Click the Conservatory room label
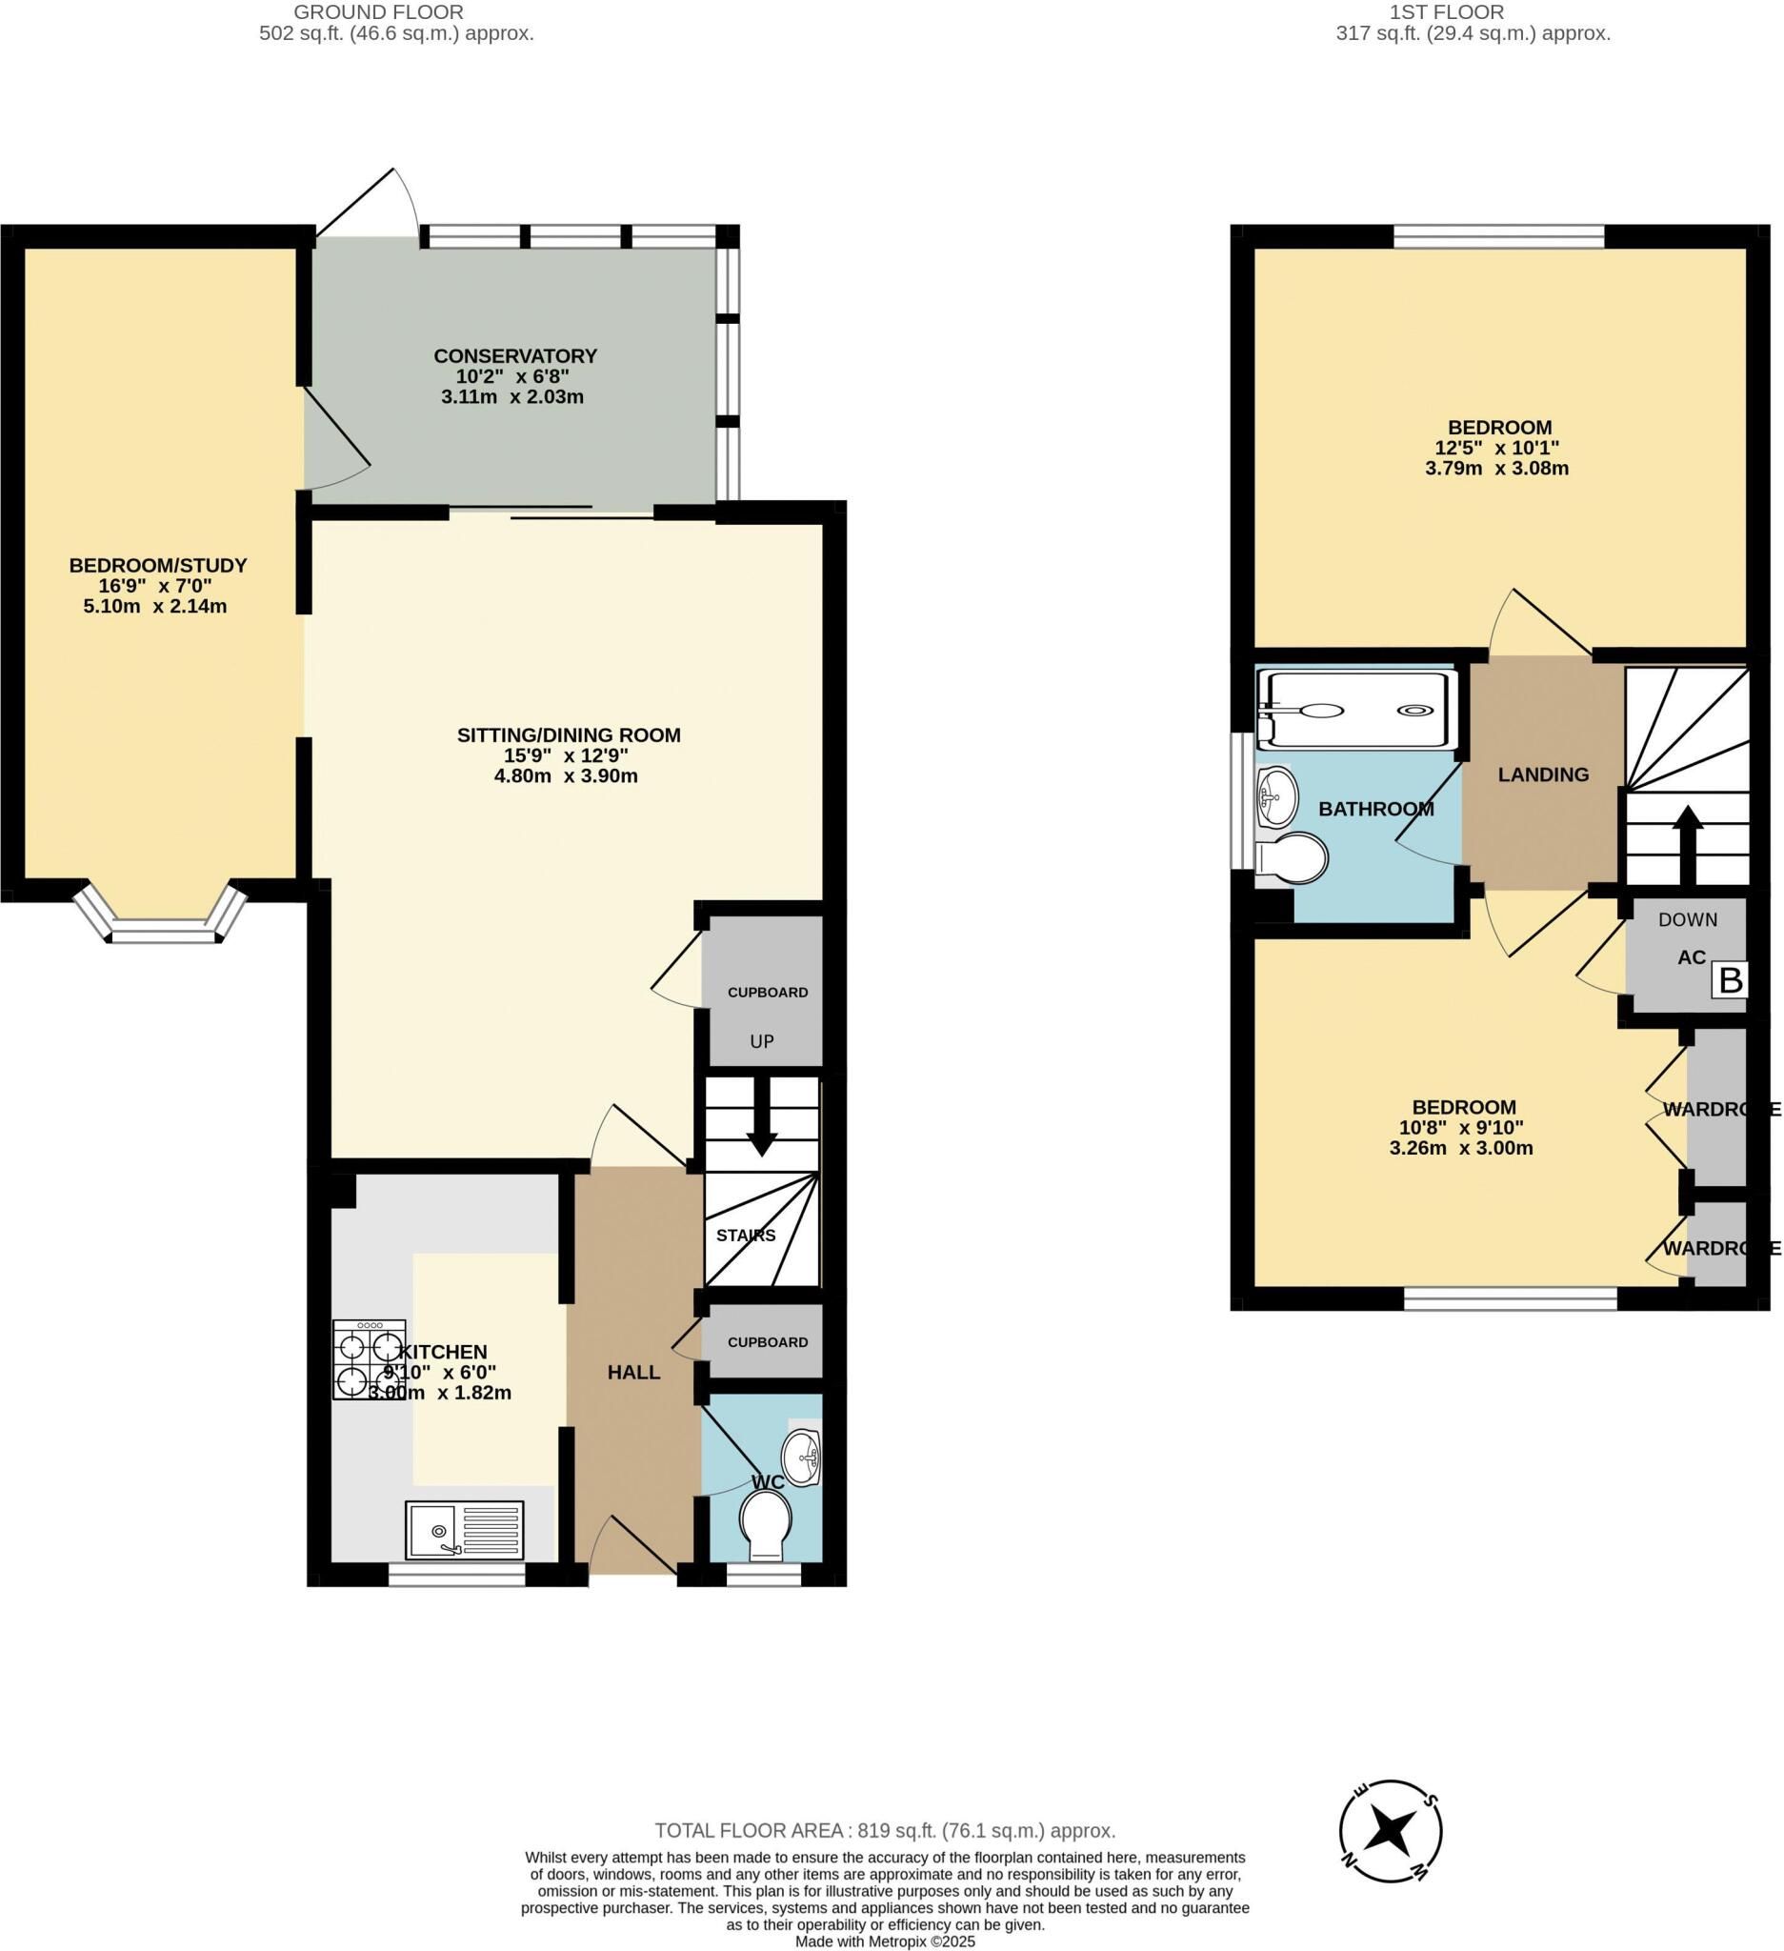(x=514, y=356)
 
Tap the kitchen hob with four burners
(x=370, y=1359)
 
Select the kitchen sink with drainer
(x=465, y=1530)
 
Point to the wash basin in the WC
(x=801, y=1458)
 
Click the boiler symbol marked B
(x=1730, y=980)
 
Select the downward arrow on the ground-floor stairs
(x=761, y=1116)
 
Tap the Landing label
(x=1543, y=775)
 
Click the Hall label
(x=633, y=1373)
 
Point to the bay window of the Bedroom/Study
(x=161, y=915)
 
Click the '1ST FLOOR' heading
(x=1447, y=12)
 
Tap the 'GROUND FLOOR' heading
(x=378, y=12)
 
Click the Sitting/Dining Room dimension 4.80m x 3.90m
(x=566, y=776)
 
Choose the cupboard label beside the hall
(x=767, y=1342)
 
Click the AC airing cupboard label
(x=1691, y=958)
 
